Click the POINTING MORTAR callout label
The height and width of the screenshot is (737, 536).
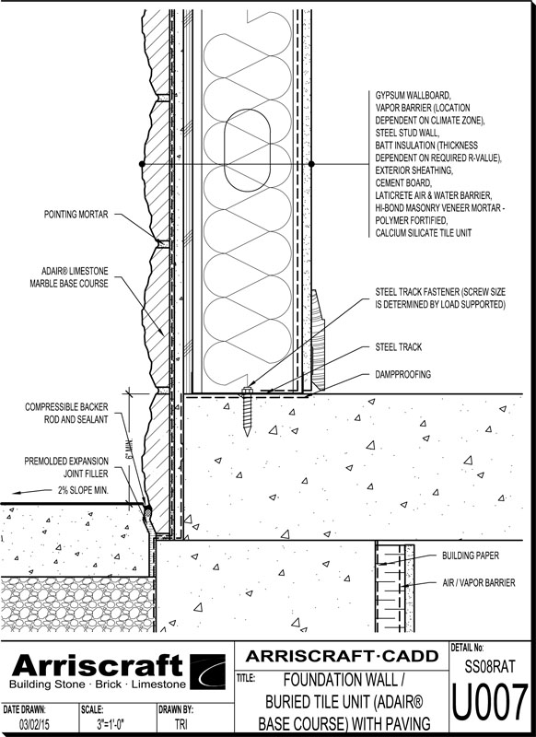(x=76, y=215)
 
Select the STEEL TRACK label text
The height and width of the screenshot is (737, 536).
(x=399, y=347)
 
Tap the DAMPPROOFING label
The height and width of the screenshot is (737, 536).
(x=403, y=374)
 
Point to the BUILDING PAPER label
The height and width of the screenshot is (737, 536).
(x=471, y=556)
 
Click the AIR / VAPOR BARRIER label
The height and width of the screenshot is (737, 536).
(x=479, y=582)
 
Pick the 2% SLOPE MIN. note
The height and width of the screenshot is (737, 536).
(x=83, y=490)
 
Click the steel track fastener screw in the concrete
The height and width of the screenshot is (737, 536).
(x=247, y=411)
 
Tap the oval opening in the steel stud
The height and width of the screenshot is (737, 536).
(x=247, y=150)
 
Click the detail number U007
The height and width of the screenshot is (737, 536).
(x=490, y=703)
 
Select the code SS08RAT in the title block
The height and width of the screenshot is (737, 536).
(x=490, y=666)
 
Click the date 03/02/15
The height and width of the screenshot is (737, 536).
(x=34, y=724)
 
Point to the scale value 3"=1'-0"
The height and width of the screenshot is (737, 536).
(x=111, y=724)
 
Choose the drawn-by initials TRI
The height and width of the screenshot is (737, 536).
(x=181, y=724)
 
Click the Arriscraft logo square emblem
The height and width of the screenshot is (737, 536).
(x=207, y=672)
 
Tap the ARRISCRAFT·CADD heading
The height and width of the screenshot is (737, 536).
(x=342, y=655)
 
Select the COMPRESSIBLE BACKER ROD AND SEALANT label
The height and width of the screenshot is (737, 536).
(x=66, y=413)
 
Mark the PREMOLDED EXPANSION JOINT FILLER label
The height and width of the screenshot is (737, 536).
(x=66, y=467)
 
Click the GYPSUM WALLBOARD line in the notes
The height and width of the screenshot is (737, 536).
(x=413, y=95)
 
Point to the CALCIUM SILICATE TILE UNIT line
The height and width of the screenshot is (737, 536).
(x=424, y=233)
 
